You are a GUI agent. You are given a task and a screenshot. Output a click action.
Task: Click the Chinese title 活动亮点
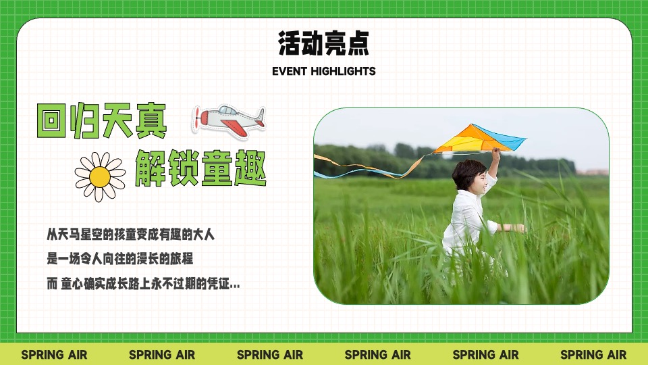[x=324, y=43]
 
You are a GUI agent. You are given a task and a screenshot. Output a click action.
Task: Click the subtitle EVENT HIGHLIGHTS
[x=324, y=71]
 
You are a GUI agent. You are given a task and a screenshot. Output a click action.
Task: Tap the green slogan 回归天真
[x=101, y=122]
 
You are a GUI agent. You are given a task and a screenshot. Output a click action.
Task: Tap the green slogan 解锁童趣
[x=200, y=169]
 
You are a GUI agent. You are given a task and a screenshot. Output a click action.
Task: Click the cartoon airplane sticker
[x=228, y=120]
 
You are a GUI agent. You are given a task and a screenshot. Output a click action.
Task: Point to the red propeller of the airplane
[x=197, y=120]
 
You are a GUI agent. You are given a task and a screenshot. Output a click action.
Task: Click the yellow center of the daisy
[x=100, y=176]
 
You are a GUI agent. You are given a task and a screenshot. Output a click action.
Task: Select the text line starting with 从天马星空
[x=130, y=235]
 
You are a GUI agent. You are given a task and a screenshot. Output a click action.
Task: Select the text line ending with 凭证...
[x=143, y=285]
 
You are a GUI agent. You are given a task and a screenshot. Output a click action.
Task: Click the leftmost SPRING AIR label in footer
[x=54, y=355]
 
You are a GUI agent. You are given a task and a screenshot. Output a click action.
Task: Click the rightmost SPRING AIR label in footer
[x=593, y=355]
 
